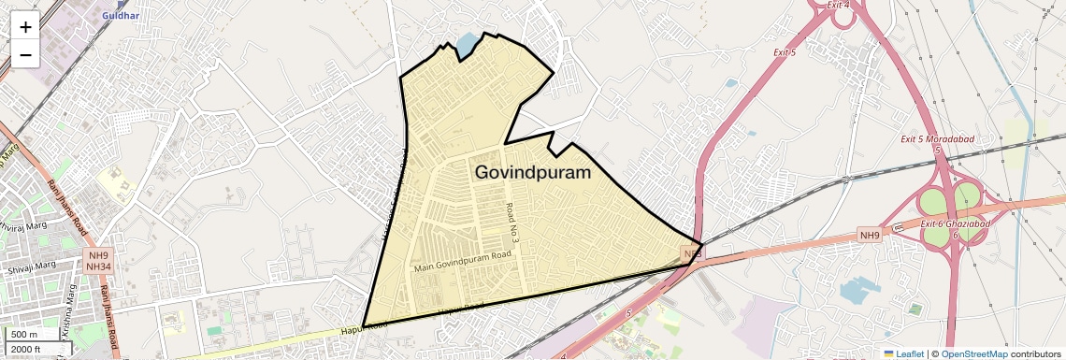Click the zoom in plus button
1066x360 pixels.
25,26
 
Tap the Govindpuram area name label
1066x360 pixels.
533,173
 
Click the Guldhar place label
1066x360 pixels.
121,16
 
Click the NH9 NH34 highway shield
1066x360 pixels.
97,261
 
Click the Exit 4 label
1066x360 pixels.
839,5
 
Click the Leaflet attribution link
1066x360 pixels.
903,353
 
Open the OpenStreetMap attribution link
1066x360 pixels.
973,353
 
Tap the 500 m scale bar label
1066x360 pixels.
25,335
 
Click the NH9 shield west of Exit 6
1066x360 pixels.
870,236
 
